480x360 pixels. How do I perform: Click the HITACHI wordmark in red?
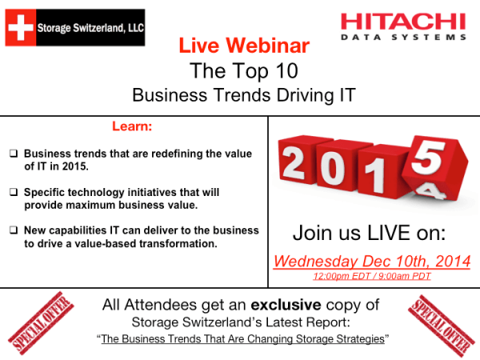pyautogui.click(x=402, y=22)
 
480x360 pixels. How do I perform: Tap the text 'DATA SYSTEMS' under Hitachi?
pyautogui.click(x=402, y=38)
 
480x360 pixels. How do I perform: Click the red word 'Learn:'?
pyautogui.click(x=133, y=126)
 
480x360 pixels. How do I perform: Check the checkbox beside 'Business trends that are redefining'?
pyautogui.click(x=14, y=153)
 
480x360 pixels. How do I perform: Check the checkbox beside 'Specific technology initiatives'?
pyautogui.click(x=14, y=192)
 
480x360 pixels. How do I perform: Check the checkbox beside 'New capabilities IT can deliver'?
pyautogui.click(x=14, y=230)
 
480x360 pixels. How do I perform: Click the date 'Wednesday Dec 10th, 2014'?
pyautogui.click(x=371, y=261)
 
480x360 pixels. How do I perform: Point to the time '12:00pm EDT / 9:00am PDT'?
pyautogui.click(x=371, y=276)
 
